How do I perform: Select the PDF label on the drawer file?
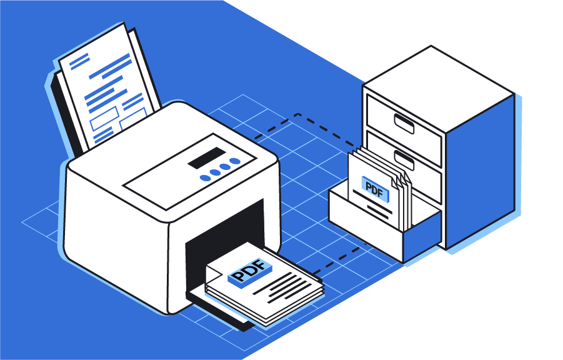click(x=373, y=190)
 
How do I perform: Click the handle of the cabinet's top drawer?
click(x=402, y=122)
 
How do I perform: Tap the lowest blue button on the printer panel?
click(x=204, y=178)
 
